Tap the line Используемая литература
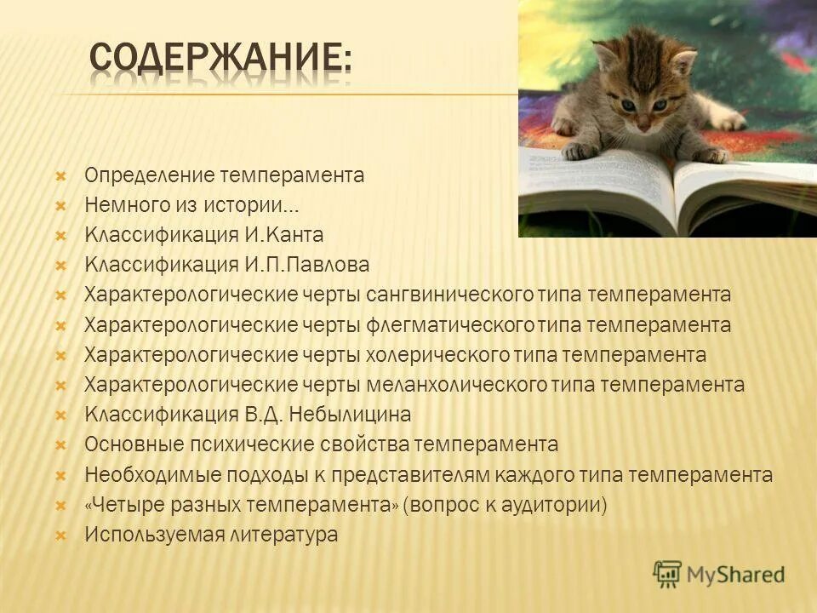click(x=211, y=535)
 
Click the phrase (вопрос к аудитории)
click(x=506, y=505)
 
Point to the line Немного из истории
click(x=191, y=205)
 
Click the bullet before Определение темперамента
click(x=60, y=176)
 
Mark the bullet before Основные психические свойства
click(x=60, y=445)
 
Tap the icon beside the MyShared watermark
click(x=668, y=574)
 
